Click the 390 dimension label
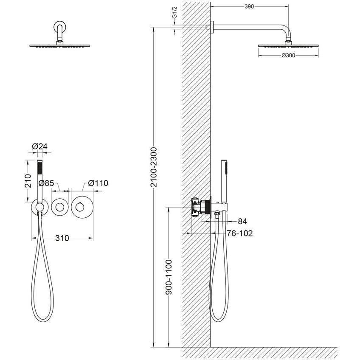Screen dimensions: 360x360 249,7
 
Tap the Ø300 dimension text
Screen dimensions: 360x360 288,55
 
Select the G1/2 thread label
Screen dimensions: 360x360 175,13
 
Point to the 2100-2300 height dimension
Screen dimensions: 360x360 154,167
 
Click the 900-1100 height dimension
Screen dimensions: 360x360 169,277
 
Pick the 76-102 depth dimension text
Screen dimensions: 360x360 240,233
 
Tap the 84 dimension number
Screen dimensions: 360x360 242,221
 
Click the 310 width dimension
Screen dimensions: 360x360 62,238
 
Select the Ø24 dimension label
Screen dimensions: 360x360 40,146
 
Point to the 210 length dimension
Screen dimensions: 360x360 28,181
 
